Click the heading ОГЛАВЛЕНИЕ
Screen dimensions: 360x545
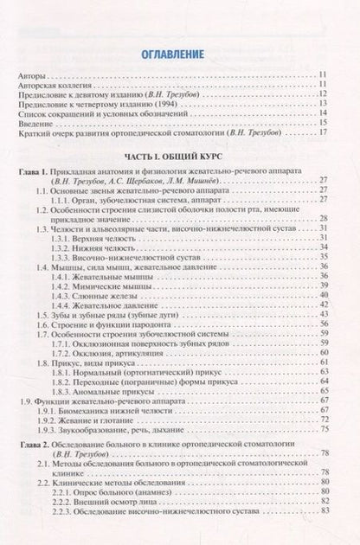pos(179,54)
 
